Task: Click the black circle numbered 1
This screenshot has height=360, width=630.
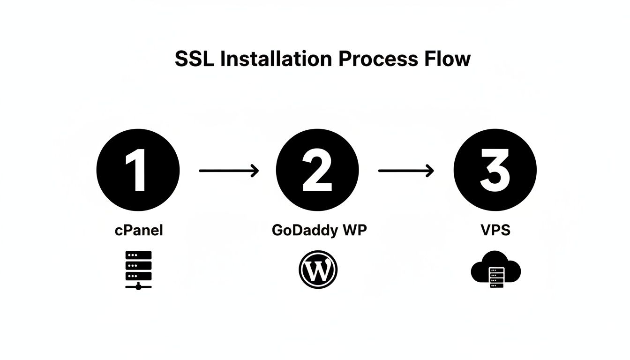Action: (x=138, y=170)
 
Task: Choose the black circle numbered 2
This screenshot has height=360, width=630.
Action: (x=317, y=170)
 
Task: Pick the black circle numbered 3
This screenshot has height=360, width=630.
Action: (x=495, y=170)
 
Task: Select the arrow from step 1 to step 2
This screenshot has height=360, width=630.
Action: (x=229, y=171)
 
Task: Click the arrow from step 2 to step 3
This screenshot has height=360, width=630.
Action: (x=406, y=171)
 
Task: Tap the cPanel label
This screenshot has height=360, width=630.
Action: (x=139, y=231)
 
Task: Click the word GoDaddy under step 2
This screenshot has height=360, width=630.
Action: (x=300, y=231)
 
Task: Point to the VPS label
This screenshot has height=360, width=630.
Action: (x=495, y=231)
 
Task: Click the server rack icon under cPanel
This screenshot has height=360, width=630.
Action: (x=139, y=270)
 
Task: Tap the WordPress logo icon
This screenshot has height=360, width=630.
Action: (x=318, y=269)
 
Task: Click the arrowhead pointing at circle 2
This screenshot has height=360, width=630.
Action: (x=255, y=171)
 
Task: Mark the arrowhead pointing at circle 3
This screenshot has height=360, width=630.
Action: (x=430, y=171)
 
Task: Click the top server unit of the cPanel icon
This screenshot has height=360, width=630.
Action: (x=139, y=255)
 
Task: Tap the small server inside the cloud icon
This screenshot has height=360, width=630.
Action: (x=496, y=277)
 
